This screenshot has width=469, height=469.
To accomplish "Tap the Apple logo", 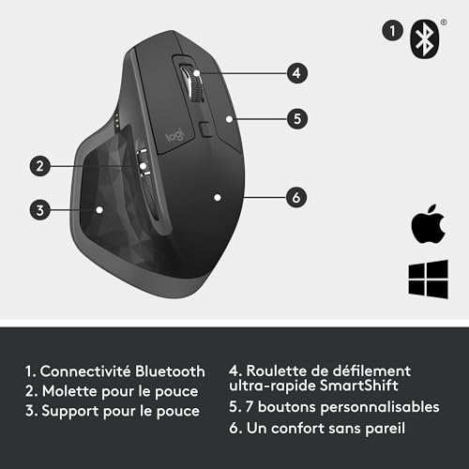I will [x=425, y=226].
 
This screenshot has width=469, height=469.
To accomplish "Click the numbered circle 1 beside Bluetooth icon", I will [x=390, y=30].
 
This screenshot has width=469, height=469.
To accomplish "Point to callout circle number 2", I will [x=38, y=167].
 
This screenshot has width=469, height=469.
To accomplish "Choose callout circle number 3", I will [x=38, y=209].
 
